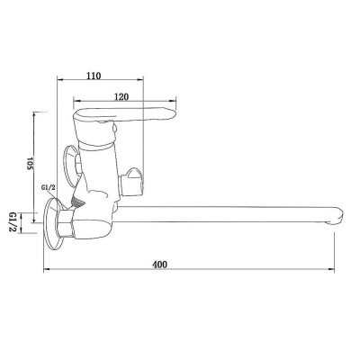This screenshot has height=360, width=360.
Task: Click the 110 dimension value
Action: [94, 76]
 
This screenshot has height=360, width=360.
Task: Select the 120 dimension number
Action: [121, 97]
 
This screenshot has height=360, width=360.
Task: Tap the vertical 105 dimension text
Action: [29, 164]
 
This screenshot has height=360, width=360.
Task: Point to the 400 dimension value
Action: [159, 265]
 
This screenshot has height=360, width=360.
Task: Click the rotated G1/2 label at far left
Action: [13, 223]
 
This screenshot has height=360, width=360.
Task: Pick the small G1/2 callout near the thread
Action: [49, 188]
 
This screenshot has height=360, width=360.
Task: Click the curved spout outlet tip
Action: [336, 219]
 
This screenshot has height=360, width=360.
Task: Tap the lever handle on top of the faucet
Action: [124, 115]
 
